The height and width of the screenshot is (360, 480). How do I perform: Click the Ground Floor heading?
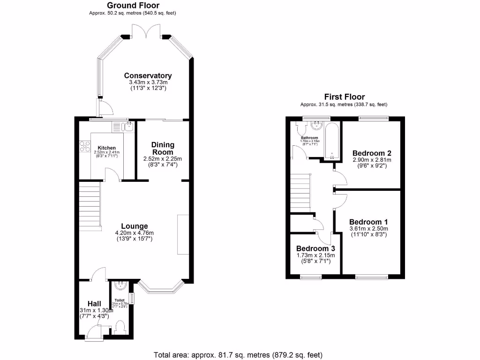132,6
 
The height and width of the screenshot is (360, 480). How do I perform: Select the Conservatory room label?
148,75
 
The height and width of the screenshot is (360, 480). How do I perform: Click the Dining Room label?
162,148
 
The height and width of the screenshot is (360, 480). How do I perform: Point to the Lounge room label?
134,226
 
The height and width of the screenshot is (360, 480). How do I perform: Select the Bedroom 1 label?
368,222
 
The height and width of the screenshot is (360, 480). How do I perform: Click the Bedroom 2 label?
372,153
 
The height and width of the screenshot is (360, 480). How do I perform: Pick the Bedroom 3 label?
314,248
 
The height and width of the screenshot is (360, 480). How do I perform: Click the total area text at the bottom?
238,354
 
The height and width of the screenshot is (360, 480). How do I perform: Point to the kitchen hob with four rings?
85,146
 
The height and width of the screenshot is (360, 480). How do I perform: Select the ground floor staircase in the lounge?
90,205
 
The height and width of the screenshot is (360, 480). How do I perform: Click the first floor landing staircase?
300,193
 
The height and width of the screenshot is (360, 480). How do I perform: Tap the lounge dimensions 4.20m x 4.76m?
134,232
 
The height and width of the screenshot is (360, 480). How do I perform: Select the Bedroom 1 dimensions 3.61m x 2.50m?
368,228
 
